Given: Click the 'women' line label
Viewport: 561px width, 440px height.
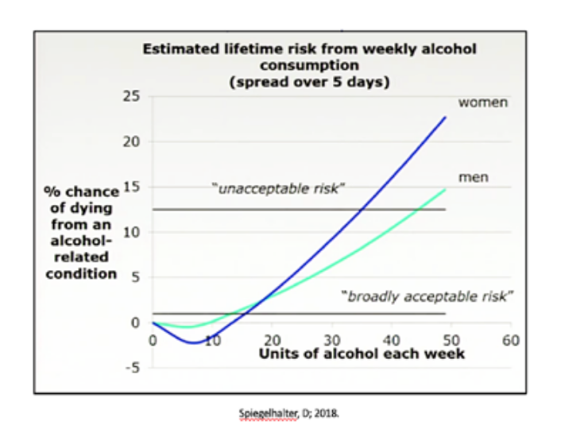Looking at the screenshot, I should pos(482,102).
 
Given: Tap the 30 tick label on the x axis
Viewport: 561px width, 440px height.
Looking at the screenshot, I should pos(331,340).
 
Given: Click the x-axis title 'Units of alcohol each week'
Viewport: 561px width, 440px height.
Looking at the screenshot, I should pos(362,353).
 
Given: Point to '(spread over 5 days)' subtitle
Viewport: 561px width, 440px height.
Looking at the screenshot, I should pos(310,81).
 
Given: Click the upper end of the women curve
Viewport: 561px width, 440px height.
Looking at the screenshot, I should pos(446,117).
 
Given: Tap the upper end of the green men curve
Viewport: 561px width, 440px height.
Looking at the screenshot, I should pos(446,189).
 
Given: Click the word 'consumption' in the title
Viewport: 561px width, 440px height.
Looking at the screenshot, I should pos(309,65).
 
